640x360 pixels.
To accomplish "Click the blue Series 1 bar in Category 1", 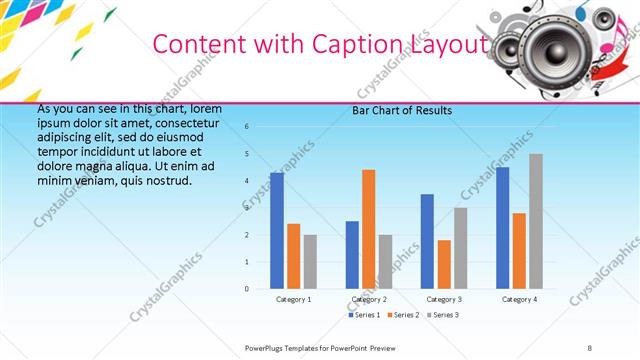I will click(x=277, y=231).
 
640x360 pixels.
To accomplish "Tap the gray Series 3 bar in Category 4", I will click(x=536, y=221).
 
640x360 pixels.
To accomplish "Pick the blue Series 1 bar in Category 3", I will click(x=427, y=241).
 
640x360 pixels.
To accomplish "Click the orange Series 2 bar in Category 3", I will click(x=444, y=264).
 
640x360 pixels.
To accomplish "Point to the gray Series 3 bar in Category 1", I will click(x=310, y=262).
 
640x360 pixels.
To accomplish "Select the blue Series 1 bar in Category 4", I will click(x=502, y=228).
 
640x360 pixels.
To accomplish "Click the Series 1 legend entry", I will click(x=363, y=315).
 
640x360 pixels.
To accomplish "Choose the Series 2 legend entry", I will click(x=402, y=315).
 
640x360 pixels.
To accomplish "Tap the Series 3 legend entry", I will click(x=442, y=315).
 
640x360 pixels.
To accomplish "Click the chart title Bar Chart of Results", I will click(x=402, y=110).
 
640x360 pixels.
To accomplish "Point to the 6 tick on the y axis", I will click(x=247, y=127).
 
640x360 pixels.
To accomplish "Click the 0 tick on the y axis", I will click(x=247, y=289).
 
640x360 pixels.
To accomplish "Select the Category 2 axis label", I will click(x=369, y=299).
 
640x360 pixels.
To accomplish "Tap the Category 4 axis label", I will click(x=519, y=299).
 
